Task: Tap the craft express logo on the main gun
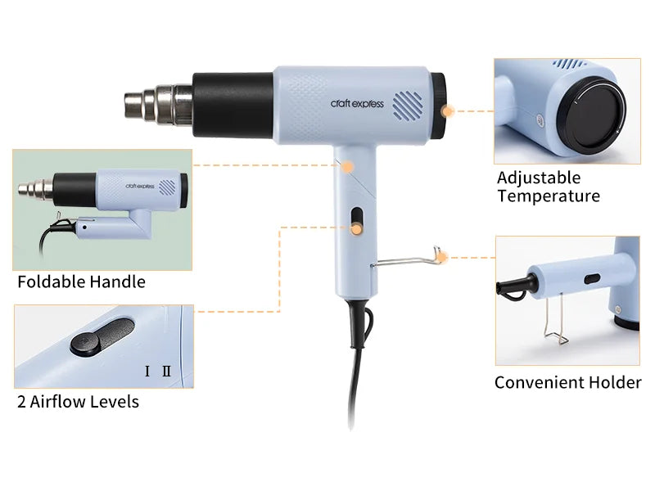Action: click(x=357, y=104)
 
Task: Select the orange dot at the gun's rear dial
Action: click(x=446, y=110)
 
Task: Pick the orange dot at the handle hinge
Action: click(x=347, y=166)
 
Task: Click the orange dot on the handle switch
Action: click(x=356, y=230)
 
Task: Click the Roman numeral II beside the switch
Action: click(x=166, y=372)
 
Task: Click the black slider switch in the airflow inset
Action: click(x=101, y=336)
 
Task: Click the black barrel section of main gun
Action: click(x=233, y=103)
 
